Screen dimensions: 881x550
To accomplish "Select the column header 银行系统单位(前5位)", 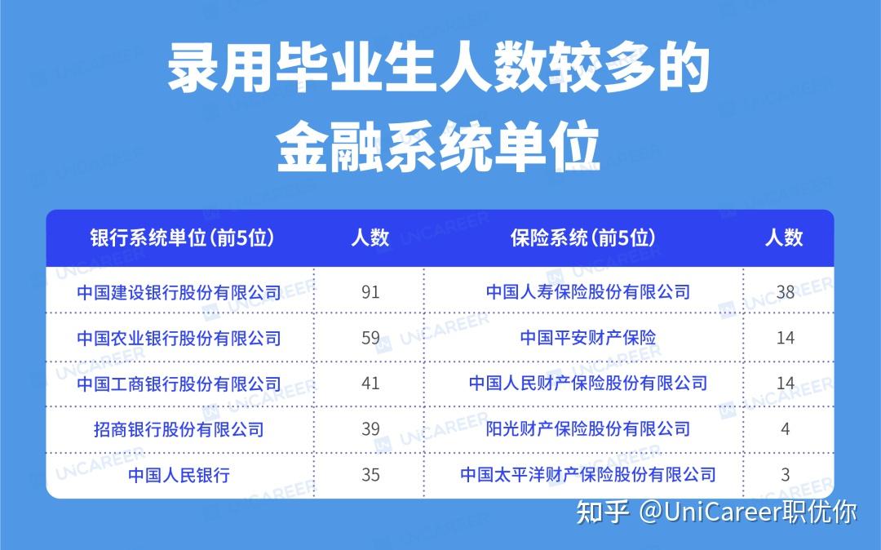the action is pos(182,238).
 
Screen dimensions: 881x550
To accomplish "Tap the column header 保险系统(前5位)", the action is pos(582,238).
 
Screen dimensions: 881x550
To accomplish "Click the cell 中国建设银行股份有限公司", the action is pos(179,292).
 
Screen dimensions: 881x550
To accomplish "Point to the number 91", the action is pos(370,292).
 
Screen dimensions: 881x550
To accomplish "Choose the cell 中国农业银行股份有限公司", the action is pos(179,338).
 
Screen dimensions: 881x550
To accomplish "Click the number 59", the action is pos(370,338).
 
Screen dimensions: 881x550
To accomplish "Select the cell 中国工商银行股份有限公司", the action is pos(179,384).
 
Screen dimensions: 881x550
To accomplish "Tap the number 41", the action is pos(370,384).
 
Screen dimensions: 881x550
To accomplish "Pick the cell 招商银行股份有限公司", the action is pos(179,430).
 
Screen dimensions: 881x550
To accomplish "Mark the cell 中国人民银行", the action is pos(179,475).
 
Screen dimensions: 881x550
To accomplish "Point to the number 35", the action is pos(370,475).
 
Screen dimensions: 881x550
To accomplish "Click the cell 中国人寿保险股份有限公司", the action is pos(587,292).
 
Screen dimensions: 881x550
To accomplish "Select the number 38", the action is pos(785,292).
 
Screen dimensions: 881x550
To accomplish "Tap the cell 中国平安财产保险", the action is pos(587,338).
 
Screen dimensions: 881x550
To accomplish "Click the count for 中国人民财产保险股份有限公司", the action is pos(785,384).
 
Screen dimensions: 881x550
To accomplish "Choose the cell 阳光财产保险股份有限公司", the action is pos(587,429).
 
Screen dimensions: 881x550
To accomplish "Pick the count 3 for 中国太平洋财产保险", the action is pos(785,475).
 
